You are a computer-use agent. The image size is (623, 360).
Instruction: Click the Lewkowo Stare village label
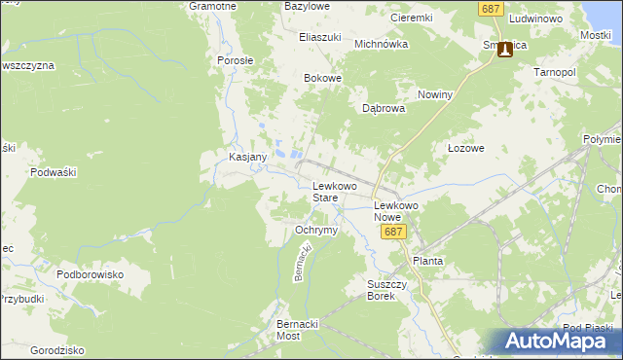click(x=334, y=191)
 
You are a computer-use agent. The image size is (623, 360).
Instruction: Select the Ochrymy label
click(x=315, y=231)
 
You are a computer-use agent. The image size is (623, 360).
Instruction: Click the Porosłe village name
click(x=236, y=59)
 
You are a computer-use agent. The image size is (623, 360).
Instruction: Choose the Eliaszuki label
click(x=320, y=37)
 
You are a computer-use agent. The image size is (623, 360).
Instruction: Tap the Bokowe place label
click(x=323, y=79)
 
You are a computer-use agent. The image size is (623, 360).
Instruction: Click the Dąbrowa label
click(x=384, y=109)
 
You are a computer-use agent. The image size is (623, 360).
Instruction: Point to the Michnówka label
click(x=380, y=44)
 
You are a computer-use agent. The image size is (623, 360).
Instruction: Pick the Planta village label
click(x=428, y=261)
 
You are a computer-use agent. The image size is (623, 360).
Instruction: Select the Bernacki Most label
click(x=298, y=329)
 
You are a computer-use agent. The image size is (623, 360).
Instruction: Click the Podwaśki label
click(x=54, y=172)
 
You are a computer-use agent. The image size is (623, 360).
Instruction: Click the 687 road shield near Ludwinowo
click(x=490, y=9)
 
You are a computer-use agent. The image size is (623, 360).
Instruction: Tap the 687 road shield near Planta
click(x=392, y=233)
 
